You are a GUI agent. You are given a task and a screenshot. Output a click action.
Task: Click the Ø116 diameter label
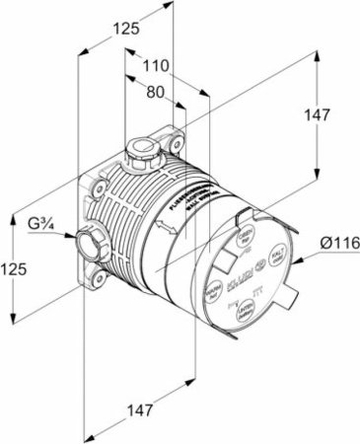tap(334, 243)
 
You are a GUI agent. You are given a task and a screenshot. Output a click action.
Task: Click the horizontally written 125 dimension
tap(124, 30)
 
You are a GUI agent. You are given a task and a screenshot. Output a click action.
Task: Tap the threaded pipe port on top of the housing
tap(143, 153)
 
